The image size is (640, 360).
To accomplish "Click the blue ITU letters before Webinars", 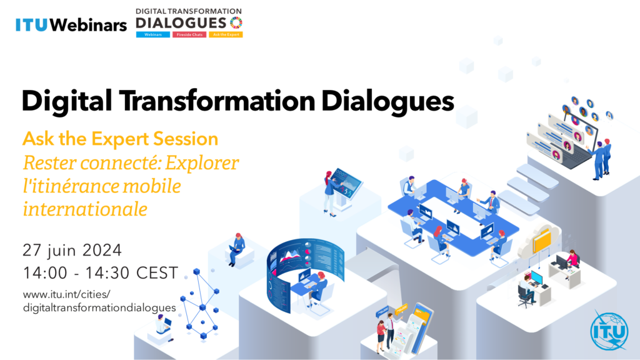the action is (31, 25).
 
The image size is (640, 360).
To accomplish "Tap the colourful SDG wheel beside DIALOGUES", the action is (236, 22).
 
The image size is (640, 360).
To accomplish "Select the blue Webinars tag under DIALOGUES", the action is (153, 35).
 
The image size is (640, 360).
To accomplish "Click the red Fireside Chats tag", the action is (189, 35).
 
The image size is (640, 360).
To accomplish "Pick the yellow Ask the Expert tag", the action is (226, 35).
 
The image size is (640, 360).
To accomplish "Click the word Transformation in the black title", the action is (217, 101).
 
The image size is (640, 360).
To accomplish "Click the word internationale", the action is (85, 209).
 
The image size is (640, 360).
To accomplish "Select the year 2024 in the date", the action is (102, 250).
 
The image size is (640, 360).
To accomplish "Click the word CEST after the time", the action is (157, 273).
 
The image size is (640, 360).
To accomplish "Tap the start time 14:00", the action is (45, 273).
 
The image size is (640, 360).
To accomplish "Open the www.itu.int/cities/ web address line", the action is (66, 294).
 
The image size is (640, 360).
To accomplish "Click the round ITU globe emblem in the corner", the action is (609, 331).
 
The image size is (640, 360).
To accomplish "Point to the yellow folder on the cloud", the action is (542, 241).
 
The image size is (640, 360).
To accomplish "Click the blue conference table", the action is (453, 217).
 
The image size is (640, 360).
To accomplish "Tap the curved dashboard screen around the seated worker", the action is (304, 269).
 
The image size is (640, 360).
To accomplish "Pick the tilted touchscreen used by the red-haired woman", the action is (346, 182).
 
